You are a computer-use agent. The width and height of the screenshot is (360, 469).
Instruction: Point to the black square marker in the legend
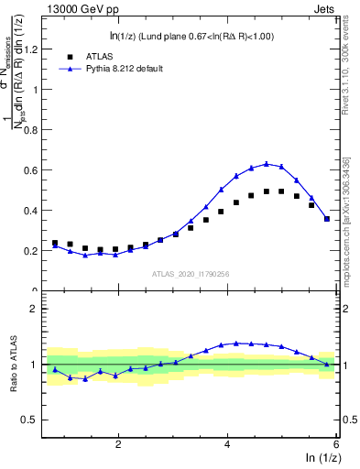click(67, 56)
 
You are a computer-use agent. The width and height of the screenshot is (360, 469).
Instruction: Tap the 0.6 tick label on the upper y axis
click(34, 170)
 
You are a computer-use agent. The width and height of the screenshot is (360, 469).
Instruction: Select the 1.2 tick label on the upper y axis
click(34, 49)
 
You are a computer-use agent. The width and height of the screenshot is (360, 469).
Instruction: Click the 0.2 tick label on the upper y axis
click(34, 251)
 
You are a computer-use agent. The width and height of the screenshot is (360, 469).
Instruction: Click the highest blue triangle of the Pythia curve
click(267, 164)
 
